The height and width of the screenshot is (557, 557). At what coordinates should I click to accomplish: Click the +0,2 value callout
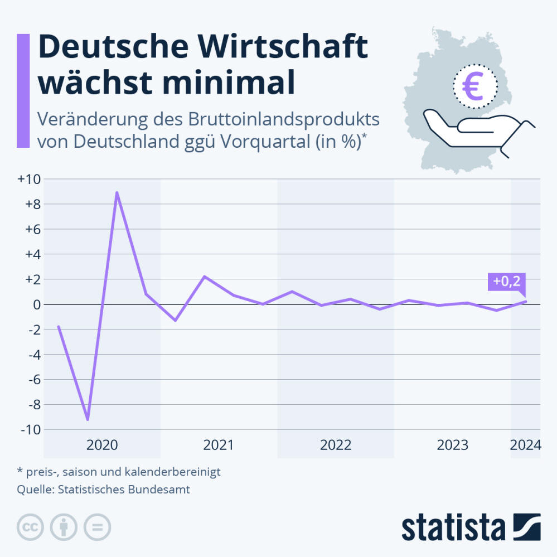[x=507, y=282]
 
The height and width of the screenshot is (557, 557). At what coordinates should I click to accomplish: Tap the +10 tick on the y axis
[x=28, y=180]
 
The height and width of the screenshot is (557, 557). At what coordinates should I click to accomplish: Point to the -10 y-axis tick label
[x=28, y=430]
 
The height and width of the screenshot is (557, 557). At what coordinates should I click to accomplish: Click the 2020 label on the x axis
[x=102, y=445]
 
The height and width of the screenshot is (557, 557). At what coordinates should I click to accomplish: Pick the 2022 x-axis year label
[x=336, y=445]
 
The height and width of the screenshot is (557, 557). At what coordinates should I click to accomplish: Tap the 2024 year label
[x=526, y=445]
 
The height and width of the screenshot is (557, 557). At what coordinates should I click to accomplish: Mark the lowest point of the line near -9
[x=88, y=419]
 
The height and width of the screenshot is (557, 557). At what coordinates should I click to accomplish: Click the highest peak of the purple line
[x=117, y=192]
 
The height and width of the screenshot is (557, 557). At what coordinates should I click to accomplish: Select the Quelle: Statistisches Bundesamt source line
[x=104, y=490]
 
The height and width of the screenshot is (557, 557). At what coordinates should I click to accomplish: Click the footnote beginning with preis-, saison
[x=119, y=472]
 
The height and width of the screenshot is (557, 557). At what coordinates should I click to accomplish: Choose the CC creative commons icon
[x=31, y=526]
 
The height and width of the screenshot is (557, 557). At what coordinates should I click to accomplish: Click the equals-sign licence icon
[x=98, y=526]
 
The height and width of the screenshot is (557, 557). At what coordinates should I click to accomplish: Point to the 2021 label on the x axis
[x=219, y=445]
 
